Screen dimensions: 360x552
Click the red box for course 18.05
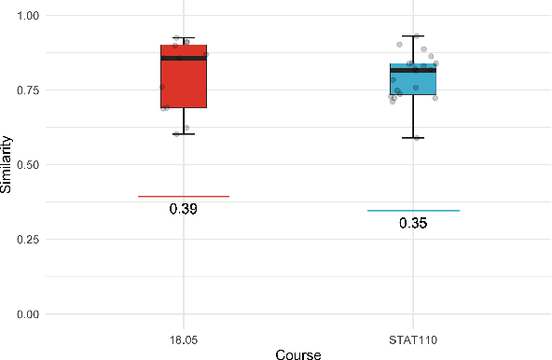pos(184,89)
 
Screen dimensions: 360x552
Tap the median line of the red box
pos(184,58)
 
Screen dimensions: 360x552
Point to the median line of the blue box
pos(413,70)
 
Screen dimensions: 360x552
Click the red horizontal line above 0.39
pos(184,196)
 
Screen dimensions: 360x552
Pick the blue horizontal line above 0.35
pos(413,211)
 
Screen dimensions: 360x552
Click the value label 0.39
pos(184,209)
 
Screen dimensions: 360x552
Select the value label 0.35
pos(413,224)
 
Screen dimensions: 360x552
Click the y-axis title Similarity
pos(7,165)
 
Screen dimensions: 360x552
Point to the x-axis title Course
pos(298,353)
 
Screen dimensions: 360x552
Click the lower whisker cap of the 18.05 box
pos(184,133)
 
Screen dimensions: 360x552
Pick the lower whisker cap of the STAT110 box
pos(413,138)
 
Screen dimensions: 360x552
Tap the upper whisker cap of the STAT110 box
pos(413,35)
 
